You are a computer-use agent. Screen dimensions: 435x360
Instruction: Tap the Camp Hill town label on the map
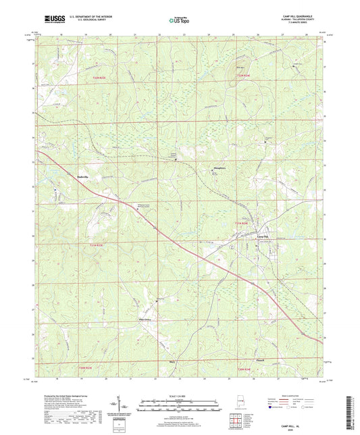(241, 235)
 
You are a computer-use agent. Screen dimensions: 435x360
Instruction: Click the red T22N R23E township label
(99, 80)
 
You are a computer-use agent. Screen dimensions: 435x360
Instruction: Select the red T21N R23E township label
(98, 245)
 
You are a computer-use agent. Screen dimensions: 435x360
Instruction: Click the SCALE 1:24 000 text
(180, 395)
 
